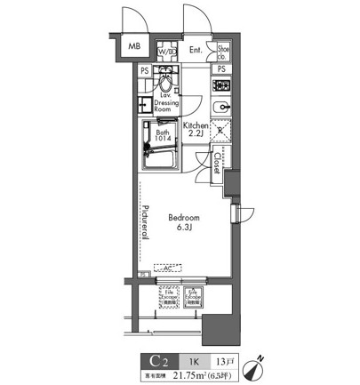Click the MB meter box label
(133, 47)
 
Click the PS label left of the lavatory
(144, 69)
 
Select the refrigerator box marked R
(222, 133)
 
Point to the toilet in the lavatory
(164, 86)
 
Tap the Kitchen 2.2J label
(197, 132)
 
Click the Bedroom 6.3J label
(184, 221)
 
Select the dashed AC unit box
(165, 266)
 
